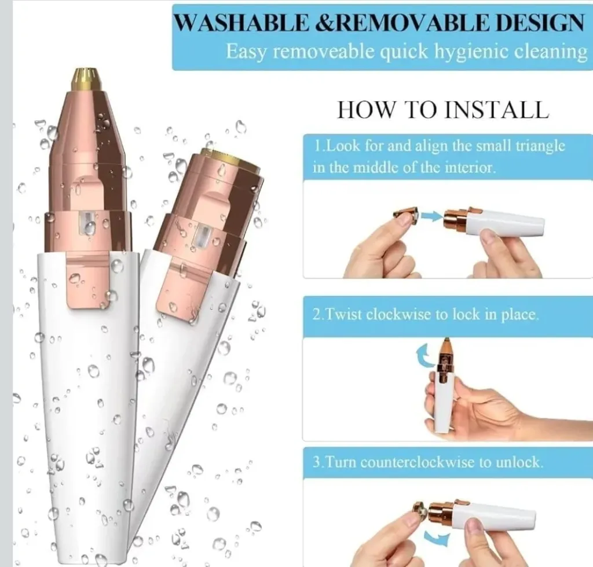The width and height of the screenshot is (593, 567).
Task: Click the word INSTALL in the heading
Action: click(496, 110)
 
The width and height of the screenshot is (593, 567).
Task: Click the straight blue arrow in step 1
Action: click(431, 216)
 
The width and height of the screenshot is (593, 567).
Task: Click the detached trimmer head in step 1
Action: click(405, 215)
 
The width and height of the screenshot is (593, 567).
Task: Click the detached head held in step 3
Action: click(420, 510)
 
